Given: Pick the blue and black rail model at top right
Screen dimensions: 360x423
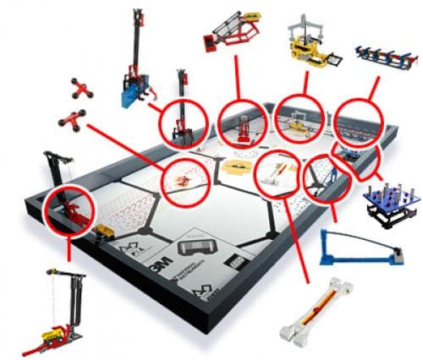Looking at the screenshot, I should [382, 55].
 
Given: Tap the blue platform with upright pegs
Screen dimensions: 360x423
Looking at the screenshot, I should [392, 201].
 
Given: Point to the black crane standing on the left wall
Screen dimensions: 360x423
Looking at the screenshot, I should [55, 173].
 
